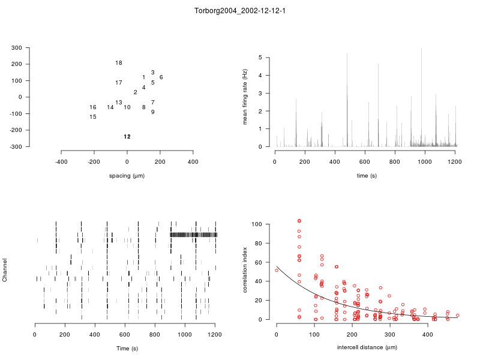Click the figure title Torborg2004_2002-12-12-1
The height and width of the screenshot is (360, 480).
(240, 11)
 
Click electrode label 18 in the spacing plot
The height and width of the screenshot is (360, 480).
(119, 63)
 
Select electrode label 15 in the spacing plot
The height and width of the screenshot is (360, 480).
(93, 117)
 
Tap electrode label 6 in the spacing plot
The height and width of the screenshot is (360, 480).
(161, 77)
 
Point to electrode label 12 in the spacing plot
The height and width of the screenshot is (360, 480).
(127, 137)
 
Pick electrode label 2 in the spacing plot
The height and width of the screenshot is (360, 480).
(136, 92)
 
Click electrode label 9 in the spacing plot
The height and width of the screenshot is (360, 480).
(153, 112)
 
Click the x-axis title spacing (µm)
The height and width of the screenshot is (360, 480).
(127, 176)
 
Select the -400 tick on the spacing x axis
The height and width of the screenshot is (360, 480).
(61, 162)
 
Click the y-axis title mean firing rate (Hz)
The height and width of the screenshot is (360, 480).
(245, 97)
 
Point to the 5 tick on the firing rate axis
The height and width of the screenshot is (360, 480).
(261, 58)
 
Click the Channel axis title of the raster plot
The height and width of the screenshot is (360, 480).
(5, 271)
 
